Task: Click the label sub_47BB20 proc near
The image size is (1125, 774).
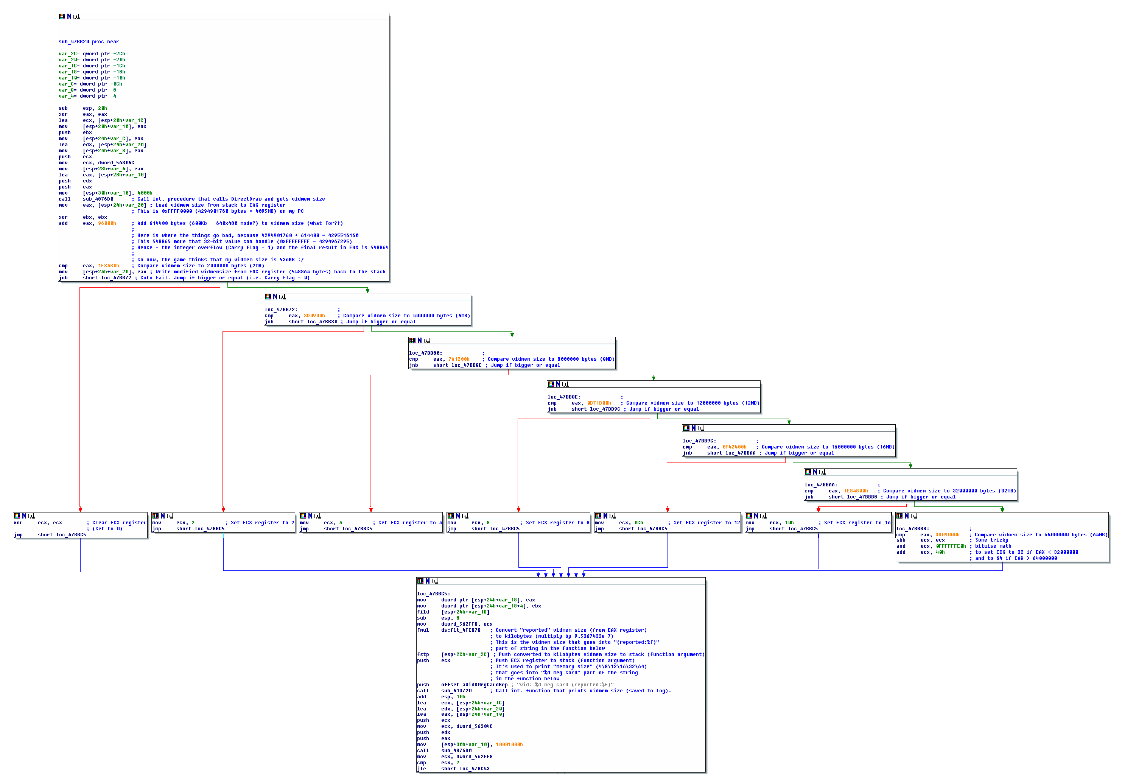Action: pos(89,42)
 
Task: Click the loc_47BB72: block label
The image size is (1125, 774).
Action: pos(281,309)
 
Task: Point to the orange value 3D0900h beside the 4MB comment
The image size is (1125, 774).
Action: pos(314,315)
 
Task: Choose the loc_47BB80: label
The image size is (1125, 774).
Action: pos(425,353)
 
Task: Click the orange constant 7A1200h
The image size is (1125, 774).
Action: pos(459,359)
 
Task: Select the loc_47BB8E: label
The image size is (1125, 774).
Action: pos(564,397)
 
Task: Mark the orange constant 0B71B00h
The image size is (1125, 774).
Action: pos(599,403)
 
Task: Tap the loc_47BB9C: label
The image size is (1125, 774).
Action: pos(699,441)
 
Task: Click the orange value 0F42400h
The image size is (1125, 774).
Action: pos(734,447)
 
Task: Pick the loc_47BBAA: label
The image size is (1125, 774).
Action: pos(820,484)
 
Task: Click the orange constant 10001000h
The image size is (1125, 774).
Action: pos(509,744)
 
